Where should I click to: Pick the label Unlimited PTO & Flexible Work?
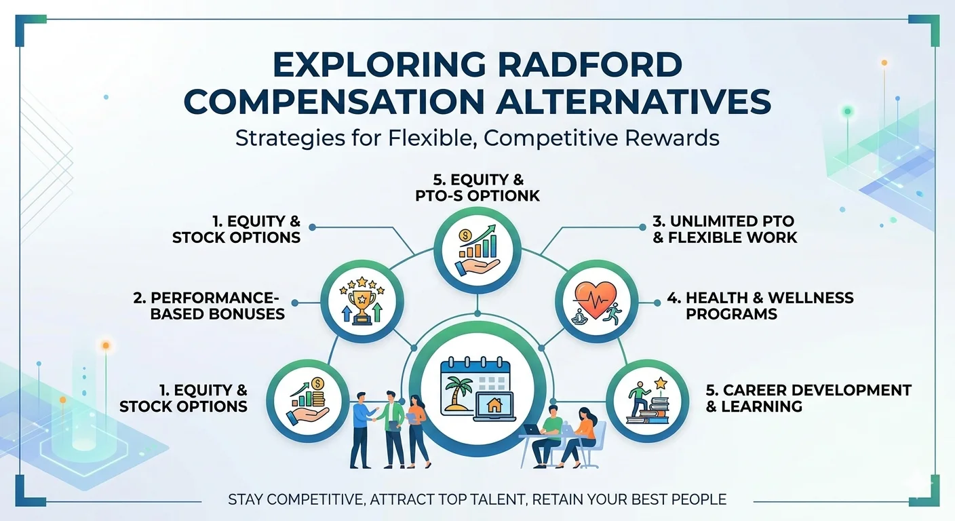[x=724, y=229]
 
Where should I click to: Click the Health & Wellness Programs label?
[x=769, y=305]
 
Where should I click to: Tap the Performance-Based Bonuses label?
[x=218, y=305]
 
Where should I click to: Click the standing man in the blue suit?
[x=362, y=429]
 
